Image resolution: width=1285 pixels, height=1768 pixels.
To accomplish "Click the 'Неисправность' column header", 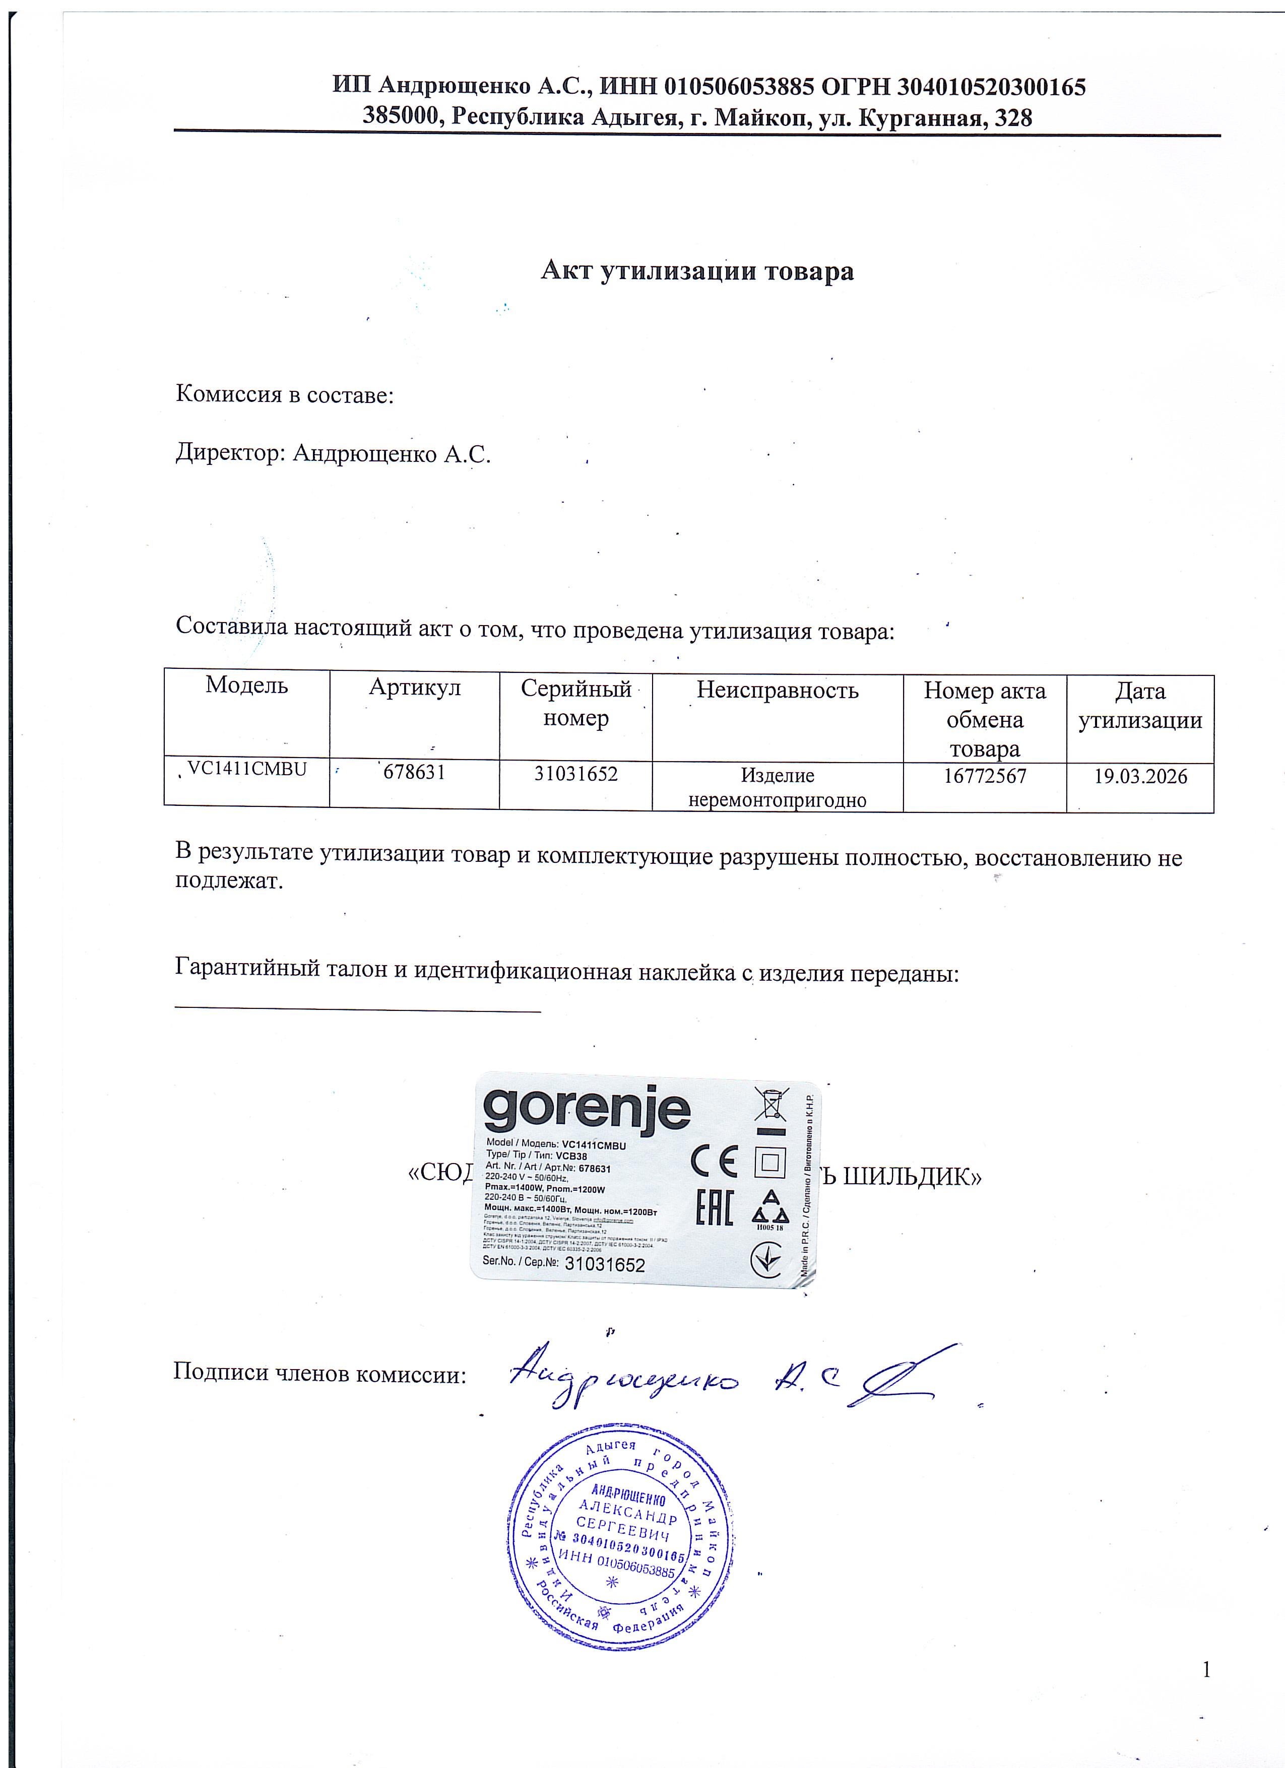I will point(778,690).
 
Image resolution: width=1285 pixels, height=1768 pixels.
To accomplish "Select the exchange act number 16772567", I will point(984,776).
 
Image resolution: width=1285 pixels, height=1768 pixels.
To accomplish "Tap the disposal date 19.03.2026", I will point(1140,776).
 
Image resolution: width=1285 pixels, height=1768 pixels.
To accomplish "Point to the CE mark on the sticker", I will point(714,1163).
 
